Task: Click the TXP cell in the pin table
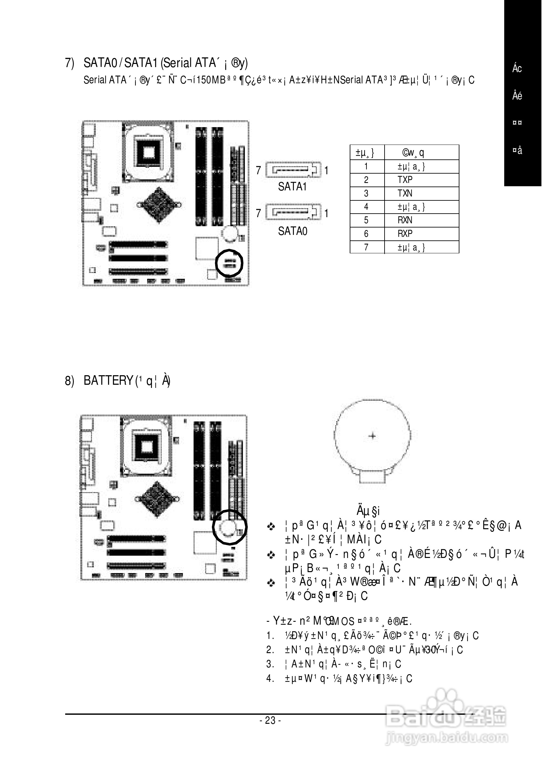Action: (405, 180)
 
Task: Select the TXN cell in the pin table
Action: (405, 193)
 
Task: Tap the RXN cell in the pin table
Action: (405, 220)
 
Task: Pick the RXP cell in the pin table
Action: (405, 234)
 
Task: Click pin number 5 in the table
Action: (366, 220)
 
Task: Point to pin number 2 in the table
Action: (366, 180)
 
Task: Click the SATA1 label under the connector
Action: (292, 187)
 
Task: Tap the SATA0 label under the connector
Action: (293, 231)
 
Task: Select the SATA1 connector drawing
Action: (293, 170)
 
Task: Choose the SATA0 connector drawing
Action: (293, 212)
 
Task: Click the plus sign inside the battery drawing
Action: (372, 436)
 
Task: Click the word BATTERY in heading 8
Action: (108, 381)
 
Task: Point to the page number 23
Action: (270, 720)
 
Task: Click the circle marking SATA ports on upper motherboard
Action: (229, 263)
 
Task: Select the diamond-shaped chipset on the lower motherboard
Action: (157, 500)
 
